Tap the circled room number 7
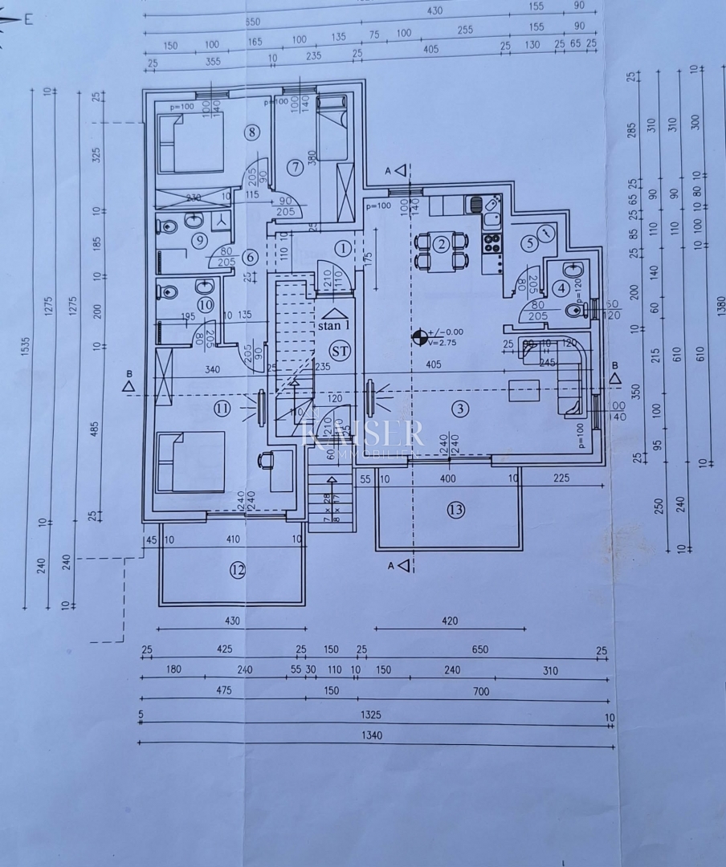coord(295,167)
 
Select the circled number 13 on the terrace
coord(456,508)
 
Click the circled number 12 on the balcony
coord(237,570)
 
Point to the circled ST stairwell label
coord(341,350)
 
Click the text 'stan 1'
coord(334,326)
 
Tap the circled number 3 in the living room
coord(459,409)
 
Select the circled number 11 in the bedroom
coord(222,409)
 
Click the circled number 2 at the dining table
coord(441,245)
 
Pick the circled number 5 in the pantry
coord(528,243)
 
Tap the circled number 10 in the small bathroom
coord(206,305)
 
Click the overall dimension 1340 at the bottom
coord(372,735)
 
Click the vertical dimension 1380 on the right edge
coord(720,305)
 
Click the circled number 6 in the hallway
coord(250,257)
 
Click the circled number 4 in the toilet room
coord(562,287)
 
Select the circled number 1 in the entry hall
coord(342,248)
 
